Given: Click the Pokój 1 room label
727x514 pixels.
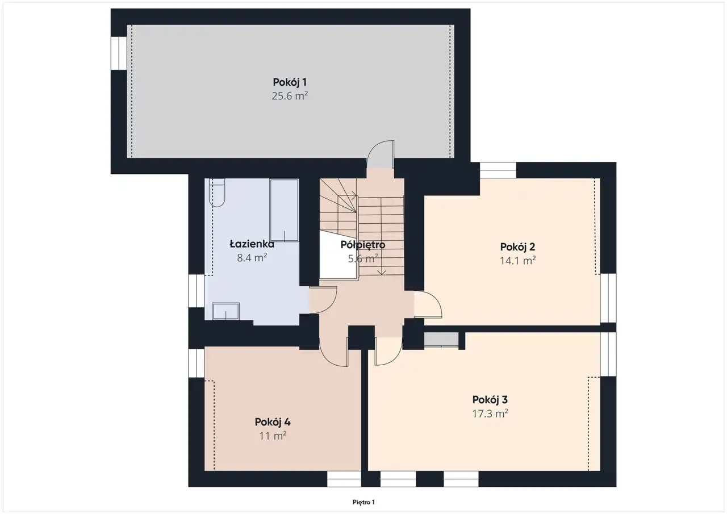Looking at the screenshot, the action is coord(290,82).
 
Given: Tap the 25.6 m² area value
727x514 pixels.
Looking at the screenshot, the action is coord(290,96).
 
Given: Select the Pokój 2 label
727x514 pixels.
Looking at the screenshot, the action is coord(517,247).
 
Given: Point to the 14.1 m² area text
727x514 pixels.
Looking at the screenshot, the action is coord(517,260).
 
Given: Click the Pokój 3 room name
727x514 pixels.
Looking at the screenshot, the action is coord(490,400).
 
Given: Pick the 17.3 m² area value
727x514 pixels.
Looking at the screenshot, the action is coord(490,413).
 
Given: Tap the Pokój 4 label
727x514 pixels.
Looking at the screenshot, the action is coord(272,422).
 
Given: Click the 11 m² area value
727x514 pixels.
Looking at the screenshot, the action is coord(272,436).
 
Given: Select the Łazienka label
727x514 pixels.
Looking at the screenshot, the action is coord(252,244).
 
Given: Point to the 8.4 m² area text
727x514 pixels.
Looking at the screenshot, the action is coord(252,258).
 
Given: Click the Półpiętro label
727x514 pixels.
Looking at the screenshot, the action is coord(362,245).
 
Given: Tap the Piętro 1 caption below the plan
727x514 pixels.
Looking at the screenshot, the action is coord(363,502).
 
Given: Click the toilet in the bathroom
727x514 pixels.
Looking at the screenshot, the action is coord(217,193).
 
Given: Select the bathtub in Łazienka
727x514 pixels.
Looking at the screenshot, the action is coord(284,210).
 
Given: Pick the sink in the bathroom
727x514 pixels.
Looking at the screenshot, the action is coord(225,311).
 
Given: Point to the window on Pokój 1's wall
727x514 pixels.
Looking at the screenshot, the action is coord(119,53).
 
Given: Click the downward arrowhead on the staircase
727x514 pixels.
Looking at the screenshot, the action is coord(382,273).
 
